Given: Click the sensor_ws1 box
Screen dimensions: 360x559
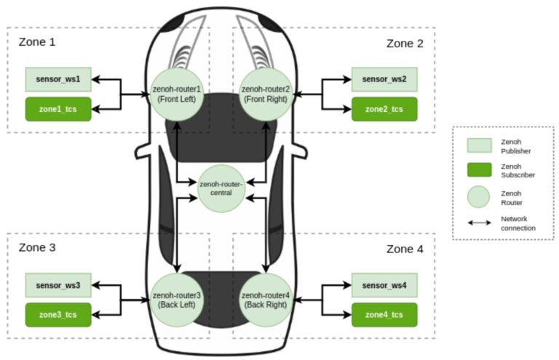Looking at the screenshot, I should (x=58, y=79).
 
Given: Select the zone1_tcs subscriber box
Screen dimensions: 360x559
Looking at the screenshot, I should (x=58, y=109).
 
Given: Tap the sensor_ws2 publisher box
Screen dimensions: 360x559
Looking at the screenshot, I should (x=384, y=79).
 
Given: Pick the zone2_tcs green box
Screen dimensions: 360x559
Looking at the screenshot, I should (x=384, y=109).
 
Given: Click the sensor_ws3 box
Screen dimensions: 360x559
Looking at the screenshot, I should (x=58, y=284).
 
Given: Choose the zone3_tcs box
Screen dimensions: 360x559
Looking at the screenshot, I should (x=58, y=315).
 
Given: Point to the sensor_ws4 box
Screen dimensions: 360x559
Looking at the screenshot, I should (x=384, y=284).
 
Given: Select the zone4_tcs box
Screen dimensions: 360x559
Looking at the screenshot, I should (x=384, y=315).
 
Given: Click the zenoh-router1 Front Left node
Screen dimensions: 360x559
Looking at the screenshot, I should (x=176, y=94).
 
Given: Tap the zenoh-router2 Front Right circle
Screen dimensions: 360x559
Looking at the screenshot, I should (x=266, y=94).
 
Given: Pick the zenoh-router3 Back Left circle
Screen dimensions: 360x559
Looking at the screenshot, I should (x=176, y=300).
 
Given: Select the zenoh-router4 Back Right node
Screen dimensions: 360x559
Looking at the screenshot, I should (x=266, y=300).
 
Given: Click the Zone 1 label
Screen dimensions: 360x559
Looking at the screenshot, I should (x=37, y=42).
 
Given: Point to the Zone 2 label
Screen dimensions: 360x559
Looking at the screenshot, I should (x=405, y=43).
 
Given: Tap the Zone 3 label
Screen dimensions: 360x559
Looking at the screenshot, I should (x=37, y=248).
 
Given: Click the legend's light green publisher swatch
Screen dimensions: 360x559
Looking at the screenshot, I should (x=477, y=145).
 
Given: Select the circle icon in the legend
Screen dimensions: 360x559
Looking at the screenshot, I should (x=477, y=196).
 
